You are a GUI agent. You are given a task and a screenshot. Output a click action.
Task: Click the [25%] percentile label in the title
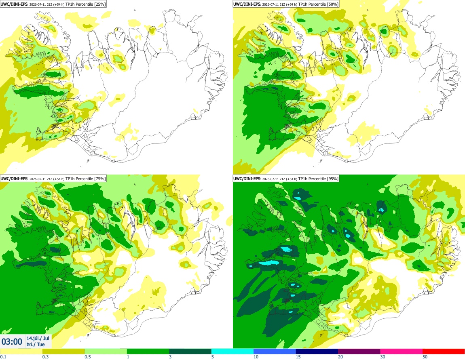(x=99, y=4)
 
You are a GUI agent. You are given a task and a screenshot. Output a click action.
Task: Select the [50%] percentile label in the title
(x=332, y=4)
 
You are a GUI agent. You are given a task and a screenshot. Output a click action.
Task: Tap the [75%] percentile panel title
(x=53, y=179)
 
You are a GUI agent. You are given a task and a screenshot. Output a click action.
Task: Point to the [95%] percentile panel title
(x=286, y=179)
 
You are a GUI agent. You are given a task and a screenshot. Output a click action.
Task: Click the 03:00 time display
(x=12, y=342)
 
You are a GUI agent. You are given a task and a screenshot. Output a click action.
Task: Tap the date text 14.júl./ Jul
(x=38, y=338)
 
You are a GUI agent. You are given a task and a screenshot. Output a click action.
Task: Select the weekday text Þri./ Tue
(x=36, y=344)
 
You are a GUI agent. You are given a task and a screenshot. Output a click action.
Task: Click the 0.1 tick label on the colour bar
(x=3, y=357)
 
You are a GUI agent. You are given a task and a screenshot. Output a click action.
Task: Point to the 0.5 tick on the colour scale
(x=88, y=357)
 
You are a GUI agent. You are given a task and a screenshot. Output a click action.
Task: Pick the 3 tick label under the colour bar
(x=170, y=357)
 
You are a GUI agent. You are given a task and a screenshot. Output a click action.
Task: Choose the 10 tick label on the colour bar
(x=256, y=357)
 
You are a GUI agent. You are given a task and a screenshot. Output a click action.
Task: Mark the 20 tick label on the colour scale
(x=340, y=357)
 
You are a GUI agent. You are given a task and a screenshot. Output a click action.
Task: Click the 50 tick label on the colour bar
(x=425, y=357)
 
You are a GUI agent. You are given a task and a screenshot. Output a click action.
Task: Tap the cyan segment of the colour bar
(x=232, y=352)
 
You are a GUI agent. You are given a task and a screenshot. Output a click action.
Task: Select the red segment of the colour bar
(x=444, y=352)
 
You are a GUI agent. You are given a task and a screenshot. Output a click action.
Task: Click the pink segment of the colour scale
(x=401, y=352)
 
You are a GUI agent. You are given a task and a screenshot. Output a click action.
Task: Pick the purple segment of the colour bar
(x=359, y=352)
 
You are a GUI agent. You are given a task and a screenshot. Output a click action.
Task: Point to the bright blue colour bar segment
(x=275, y=352)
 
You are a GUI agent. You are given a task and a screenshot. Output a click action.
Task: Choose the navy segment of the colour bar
(x=317, y=352)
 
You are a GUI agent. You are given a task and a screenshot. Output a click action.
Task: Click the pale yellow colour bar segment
(x=21, y=352)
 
